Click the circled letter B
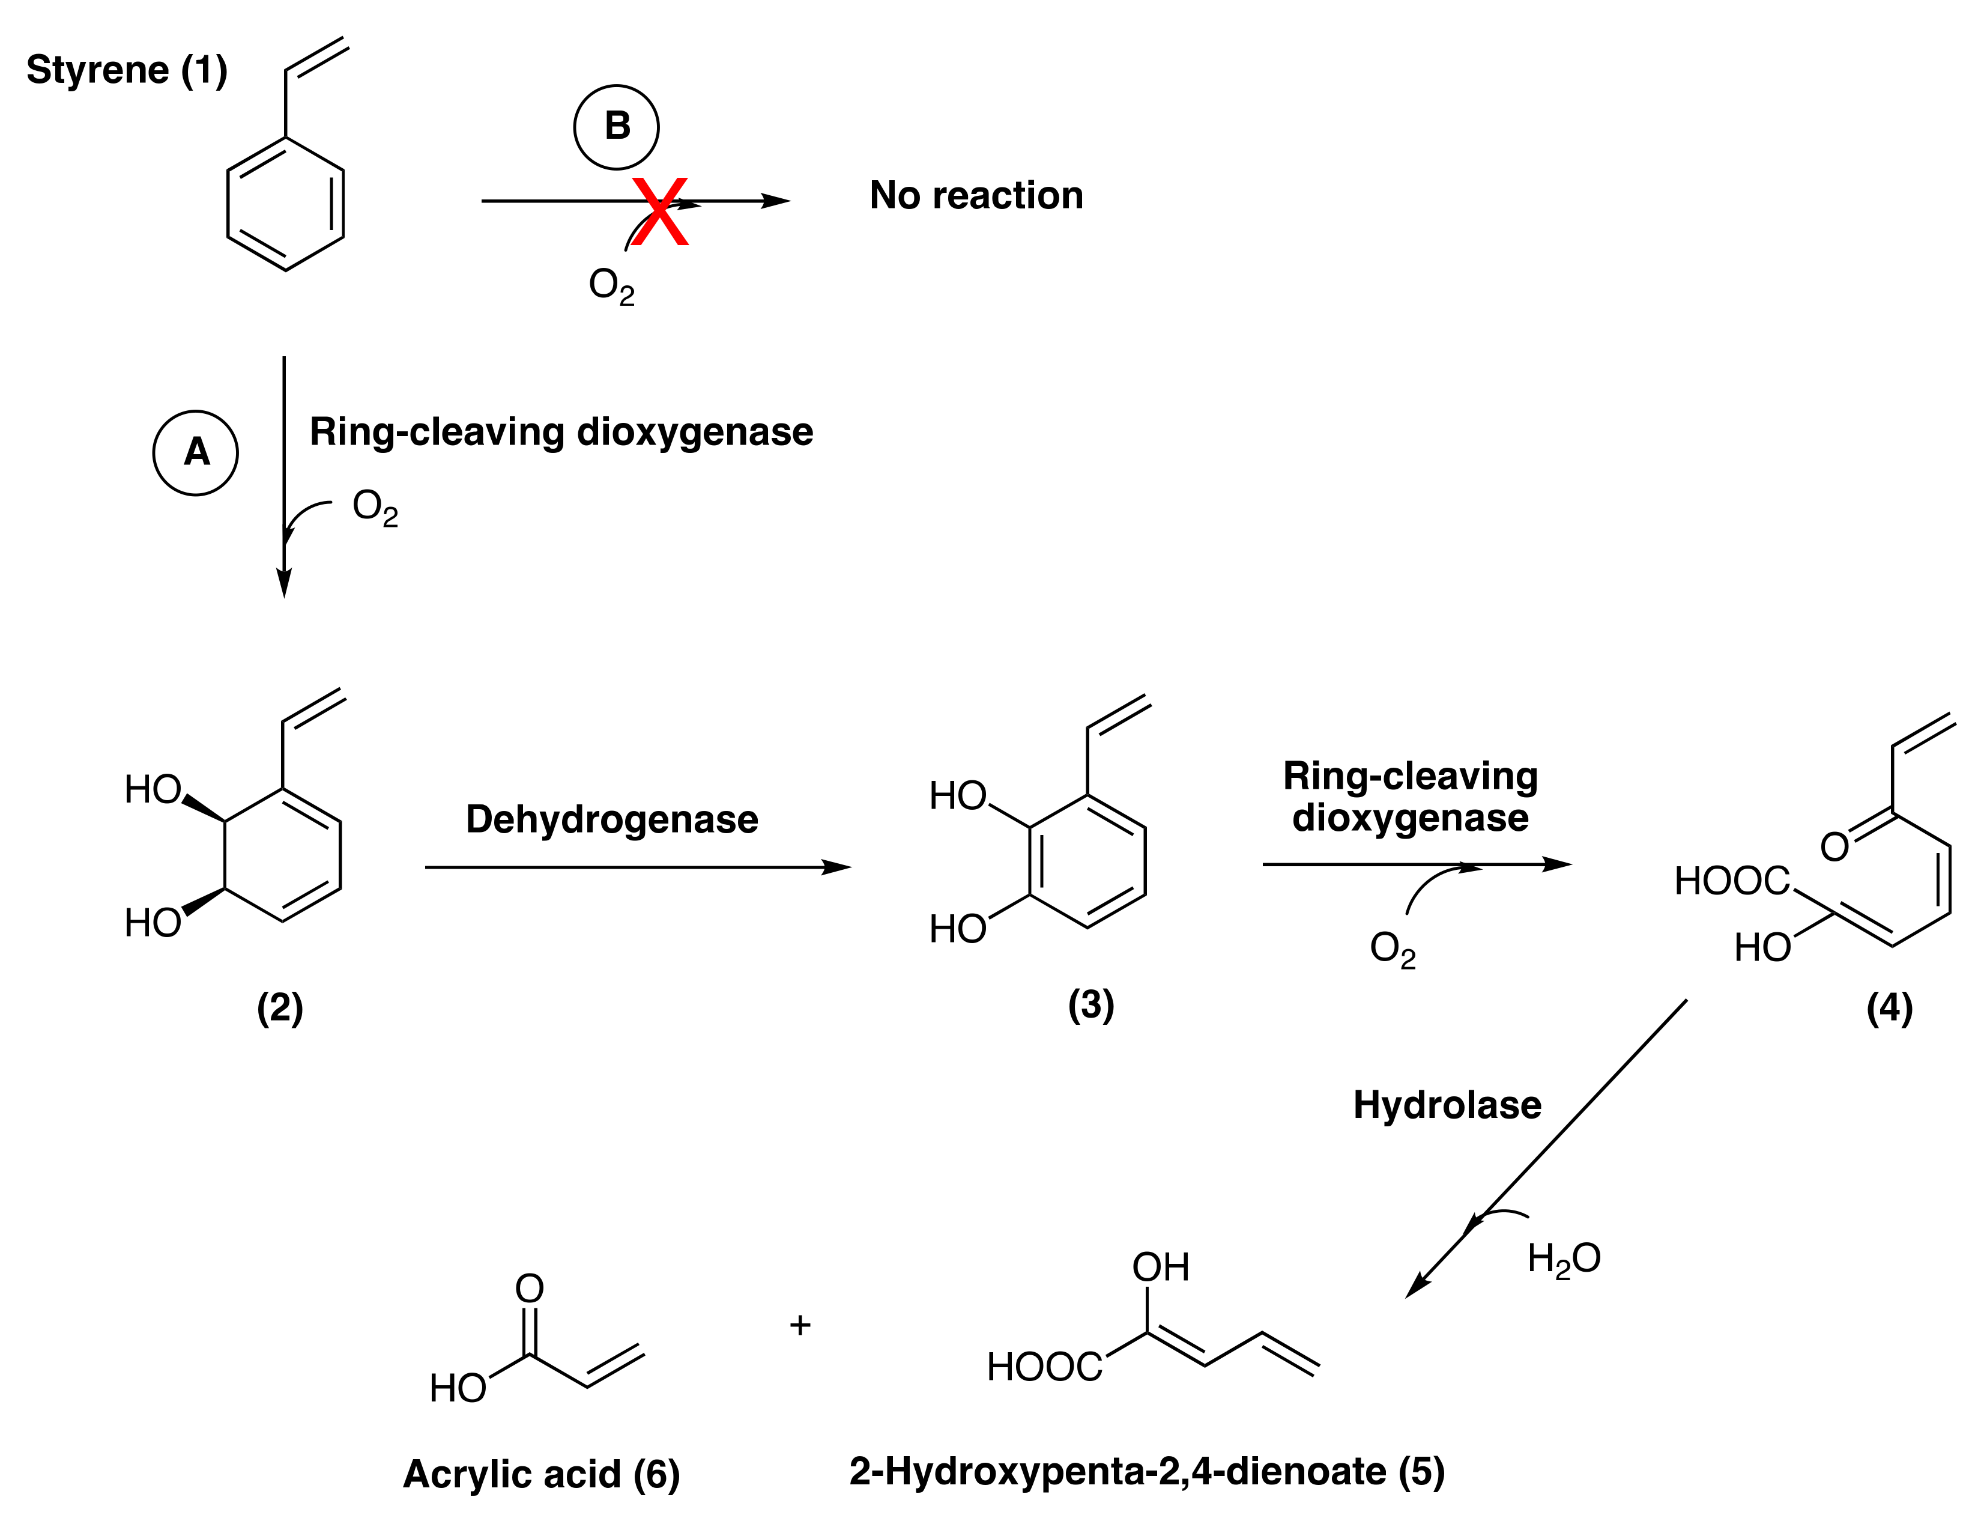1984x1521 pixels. [x=616, y=127]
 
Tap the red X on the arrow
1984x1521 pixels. [x=661, y=212]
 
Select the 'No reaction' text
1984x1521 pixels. [x=976, y=196]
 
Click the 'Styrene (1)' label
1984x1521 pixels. [x=127, y=70]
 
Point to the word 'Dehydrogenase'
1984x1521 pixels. [x=612, y=819]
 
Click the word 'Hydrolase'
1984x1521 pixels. [x=1447, y=1105]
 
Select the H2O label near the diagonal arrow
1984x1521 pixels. [x=1563, y=1258]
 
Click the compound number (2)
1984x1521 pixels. [x=280, y=1007]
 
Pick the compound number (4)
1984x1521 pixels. [x=1889, y=1007]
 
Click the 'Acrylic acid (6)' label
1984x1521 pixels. [x=541, y=1474]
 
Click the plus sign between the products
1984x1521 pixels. [x=800, y=1325]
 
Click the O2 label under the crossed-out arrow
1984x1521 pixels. [x=611, y=285]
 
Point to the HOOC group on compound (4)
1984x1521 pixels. [x=1731, y=881]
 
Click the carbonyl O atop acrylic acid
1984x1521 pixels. [x=530, y=1289]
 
